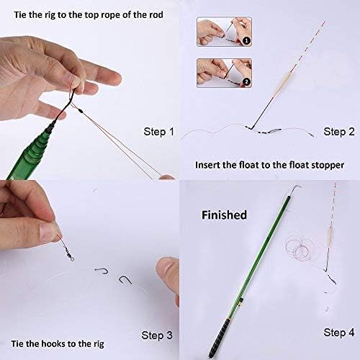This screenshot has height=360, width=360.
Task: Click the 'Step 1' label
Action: (x=159, y=132)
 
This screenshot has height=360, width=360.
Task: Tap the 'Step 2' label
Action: (x=338, y=131)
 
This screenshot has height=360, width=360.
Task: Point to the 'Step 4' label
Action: (x=338, y=332)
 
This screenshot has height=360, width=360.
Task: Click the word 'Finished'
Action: (x=223, y=215)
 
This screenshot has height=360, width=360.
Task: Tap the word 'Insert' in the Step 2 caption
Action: (x=209, y=165)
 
